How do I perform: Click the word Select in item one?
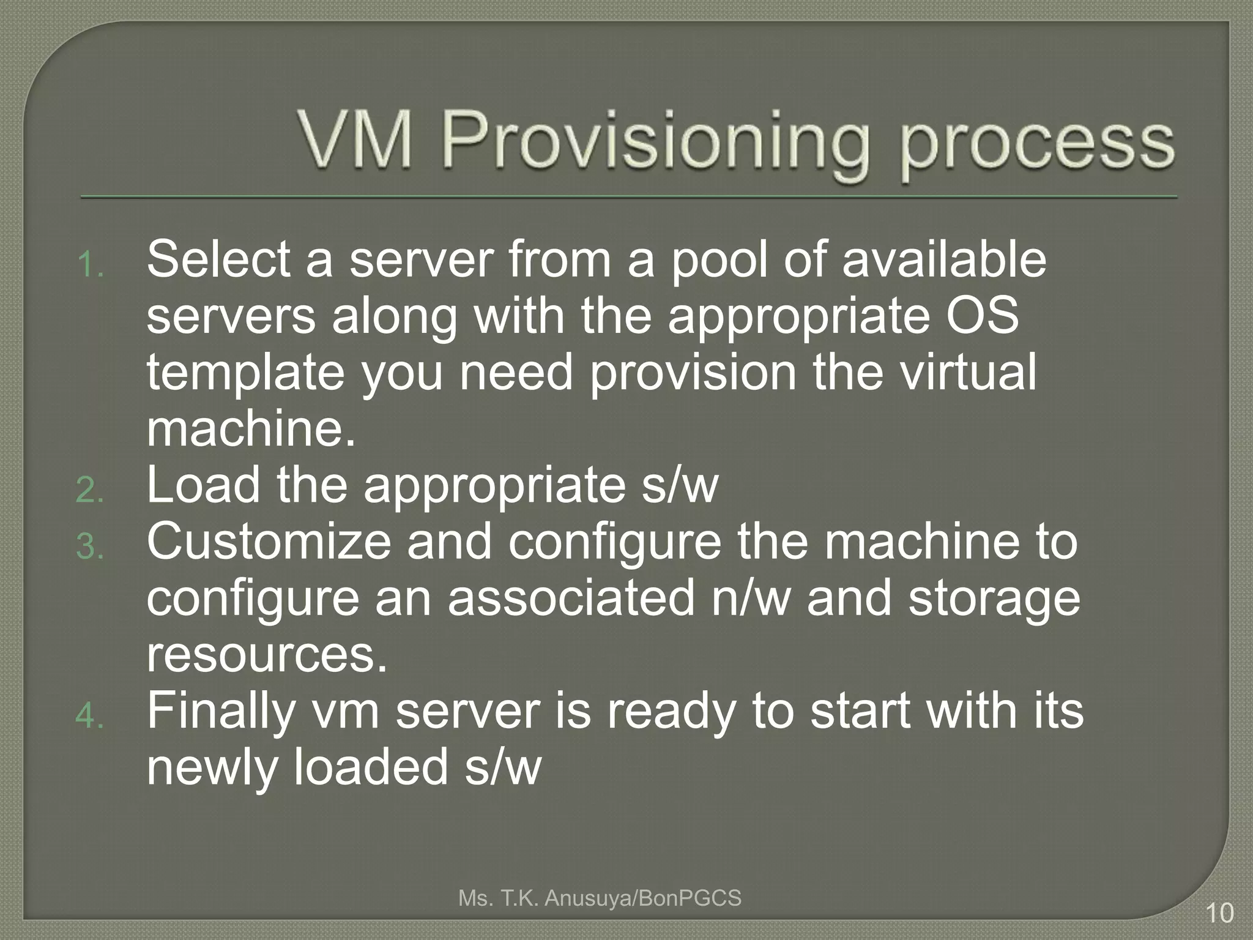point(218,259)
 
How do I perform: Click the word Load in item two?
point(204,485)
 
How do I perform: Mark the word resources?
point(267,655)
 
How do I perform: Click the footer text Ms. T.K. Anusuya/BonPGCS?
point(600,898)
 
